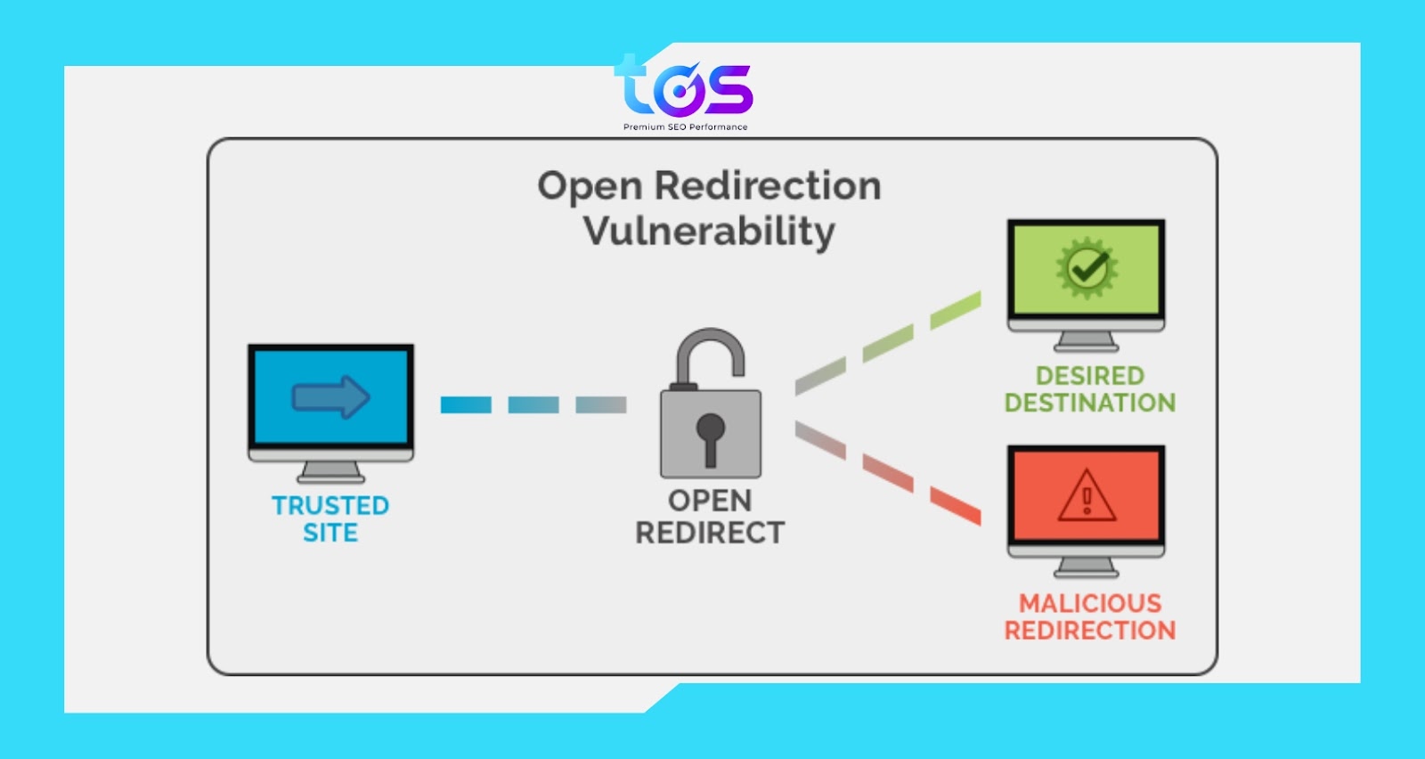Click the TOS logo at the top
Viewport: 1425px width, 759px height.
(683, 88)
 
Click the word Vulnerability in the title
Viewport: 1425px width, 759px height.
(709, 232)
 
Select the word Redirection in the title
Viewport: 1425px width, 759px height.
(767, 186)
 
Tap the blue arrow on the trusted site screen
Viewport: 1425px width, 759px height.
(330, 397)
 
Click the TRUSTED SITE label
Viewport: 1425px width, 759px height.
(330, 518)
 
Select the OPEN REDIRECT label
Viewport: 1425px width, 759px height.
(710, 517)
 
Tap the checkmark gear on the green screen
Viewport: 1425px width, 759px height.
(1087, 267)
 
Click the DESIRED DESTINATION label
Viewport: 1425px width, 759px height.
(1089, 389)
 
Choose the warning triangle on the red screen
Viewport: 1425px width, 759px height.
(1087, 496)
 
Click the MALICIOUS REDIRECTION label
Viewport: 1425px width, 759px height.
(1089, 616)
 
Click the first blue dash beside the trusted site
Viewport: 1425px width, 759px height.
(466, 405)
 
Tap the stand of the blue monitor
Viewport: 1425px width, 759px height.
(330, 471)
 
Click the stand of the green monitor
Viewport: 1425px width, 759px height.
(1086, 342)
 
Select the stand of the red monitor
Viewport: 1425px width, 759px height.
(1086, 567)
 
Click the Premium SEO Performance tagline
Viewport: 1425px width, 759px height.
(685, 127)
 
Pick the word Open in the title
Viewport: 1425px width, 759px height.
(590, 186)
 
